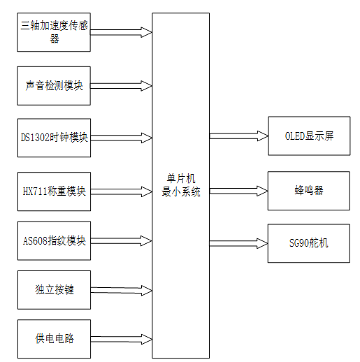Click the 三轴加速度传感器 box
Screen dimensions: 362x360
click(x=55, y=32)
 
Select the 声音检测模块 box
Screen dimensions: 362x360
click(x=55, y=85)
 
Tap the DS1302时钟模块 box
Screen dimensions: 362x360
click(x=55, y=137)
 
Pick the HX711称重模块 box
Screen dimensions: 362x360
click(x=55, y=190)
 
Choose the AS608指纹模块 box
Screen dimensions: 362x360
click(x=55, y=240)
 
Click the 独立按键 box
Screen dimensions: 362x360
click(x=55, y=289)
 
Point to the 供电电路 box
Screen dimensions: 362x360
click(x=55, y=339)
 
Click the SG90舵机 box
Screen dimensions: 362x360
click(x=308, y=242)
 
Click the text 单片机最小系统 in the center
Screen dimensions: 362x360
click(x=181, y=187)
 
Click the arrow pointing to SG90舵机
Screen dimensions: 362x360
click(x=238, y=242)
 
